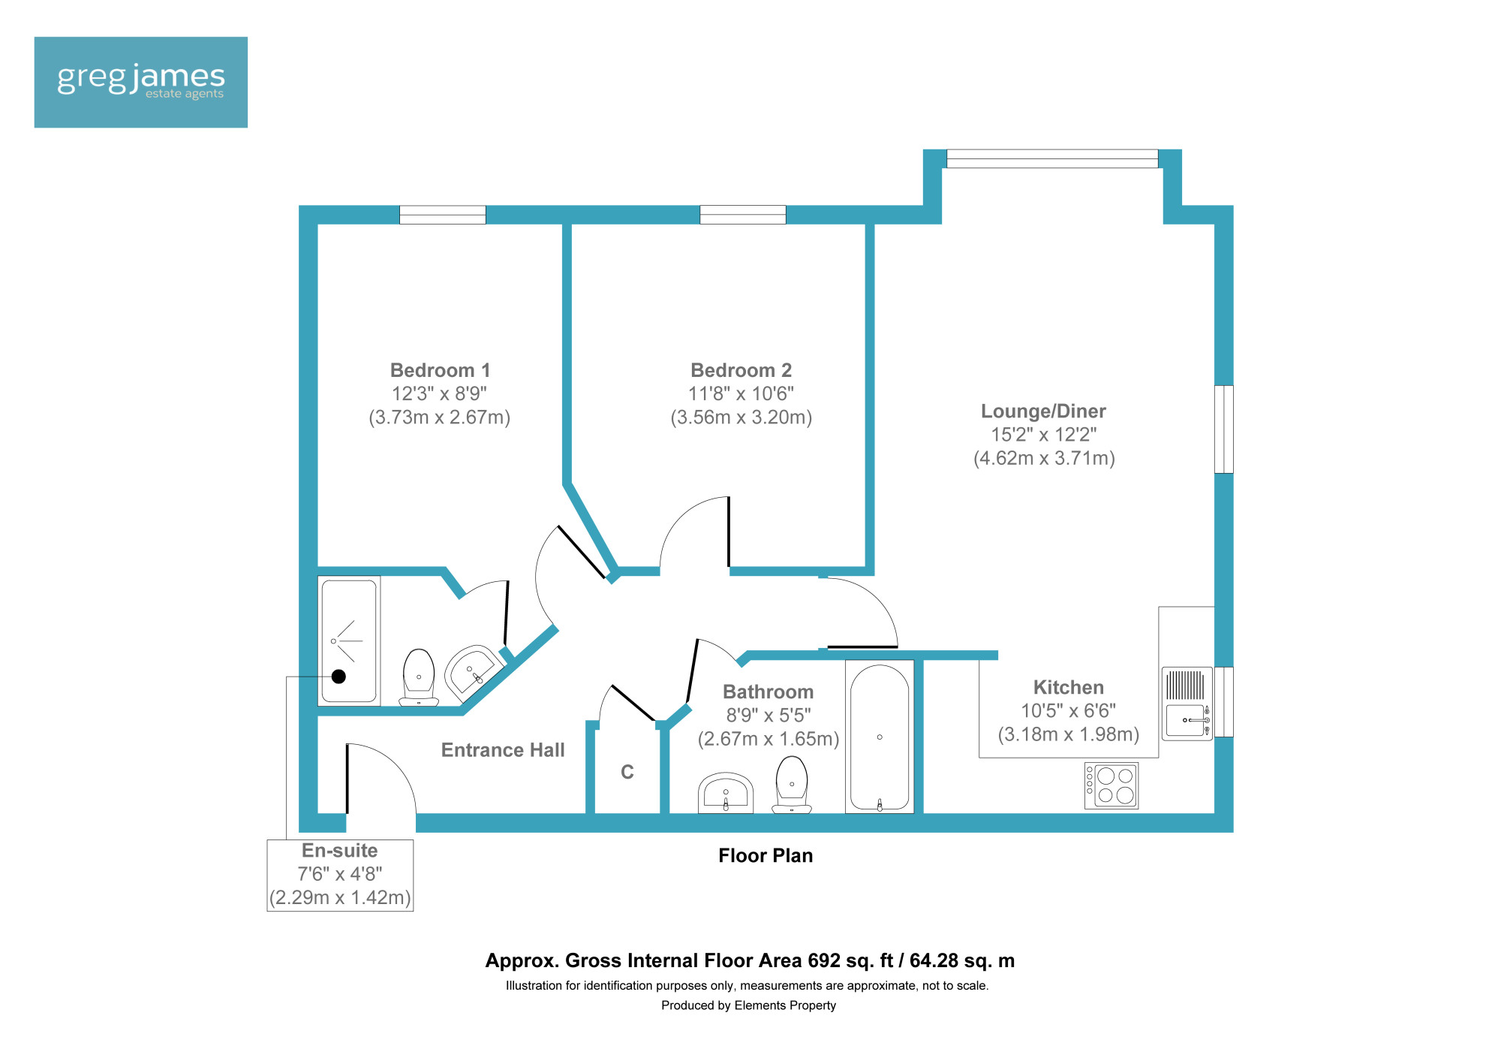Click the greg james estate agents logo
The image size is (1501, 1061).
[141, 82]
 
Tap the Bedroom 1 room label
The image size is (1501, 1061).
[440, 370]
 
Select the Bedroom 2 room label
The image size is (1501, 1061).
[741, 370]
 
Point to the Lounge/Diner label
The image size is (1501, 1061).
[1043, 411]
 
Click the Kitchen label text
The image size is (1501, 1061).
[1068, 687]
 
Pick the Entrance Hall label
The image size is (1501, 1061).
[503, 750]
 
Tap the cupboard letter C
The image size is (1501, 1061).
[627, 772]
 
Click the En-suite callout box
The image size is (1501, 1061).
[340, 876]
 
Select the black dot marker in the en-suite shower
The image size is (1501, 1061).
[338, 677]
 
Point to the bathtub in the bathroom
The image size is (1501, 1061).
[880, 737]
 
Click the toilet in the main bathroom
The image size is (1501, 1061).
[792, 785]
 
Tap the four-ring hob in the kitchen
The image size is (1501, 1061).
[1111, 785]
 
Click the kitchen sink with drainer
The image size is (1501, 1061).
[1187, 704]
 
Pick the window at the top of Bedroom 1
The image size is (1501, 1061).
[443, 215]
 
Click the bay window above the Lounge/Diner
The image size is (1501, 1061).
[1052, 158]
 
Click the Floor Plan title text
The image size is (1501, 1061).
[766, 855]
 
